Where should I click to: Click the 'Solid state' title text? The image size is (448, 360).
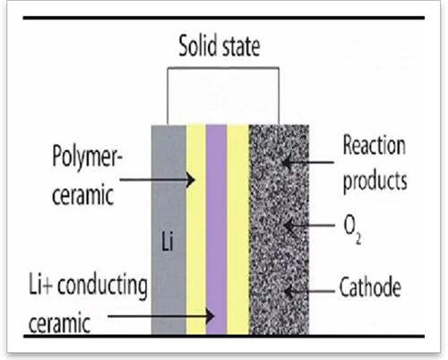tap(220, 46)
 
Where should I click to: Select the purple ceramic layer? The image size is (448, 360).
tap(216, 229)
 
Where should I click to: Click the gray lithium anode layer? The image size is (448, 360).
tap(168, 229)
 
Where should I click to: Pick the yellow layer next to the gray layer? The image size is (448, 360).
tap(196, 229)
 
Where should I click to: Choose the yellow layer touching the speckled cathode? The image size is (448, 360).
tap(238, 229)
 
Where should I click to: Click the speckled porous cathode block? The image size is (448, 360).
tap(279, 229)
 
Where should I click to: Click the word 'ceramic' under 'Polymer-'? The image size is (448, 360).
tap(83, 195)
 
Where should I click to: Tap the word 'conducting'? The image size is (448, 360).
tap(102, 286)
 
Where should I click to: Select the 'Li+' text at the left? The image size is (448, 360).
tap(40, 286)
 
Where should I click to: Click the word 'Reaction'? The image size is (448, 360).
tap(375, 145)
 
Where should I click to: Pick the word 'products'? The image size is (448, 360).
tap(375, 182)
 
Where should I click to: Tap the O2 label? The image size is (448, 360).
tap(352, 230)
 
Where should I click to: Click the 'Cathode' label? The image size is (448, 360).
tap(370, 287)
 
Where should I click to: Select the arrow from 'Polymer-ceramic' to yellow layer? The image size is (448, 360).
tap(158, 180)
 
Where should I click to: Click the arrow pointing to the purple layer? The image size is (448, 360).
tap(161, 316)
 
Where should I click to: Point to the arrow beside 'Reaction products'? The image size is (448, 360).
tap(308, 162)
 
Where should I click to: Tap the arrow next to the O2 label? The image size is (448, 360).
tap(309, 226)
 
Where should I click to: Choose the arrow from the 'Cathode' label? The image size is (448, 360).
tap(309, 291)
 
